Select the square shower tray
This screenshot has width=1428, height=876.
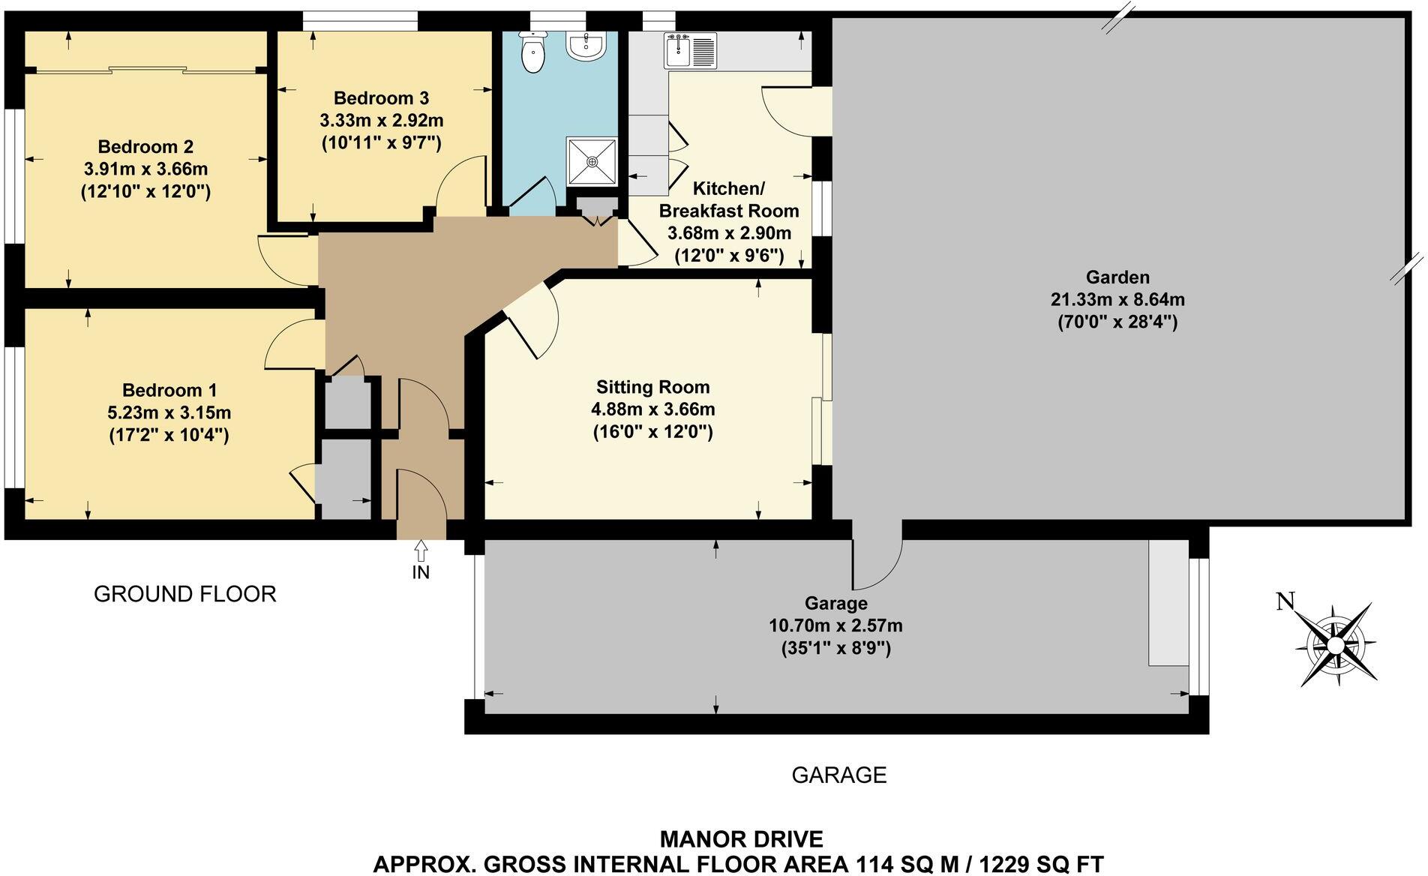tap(592, 160)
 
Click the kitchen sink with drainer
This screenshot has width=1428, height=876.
tap(690, 51)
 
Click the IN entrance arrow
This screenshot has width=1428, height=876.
tap(421, 551)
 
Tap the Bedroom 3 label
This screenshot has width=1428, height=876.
tap(381, 98)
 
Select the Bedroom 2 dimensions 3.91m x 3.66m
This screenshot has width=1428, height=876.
tap(145, 169)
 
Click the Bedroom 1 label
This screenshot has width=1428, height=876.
tap(169, 390)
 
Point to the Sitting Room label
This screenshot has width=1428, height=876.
tap(652, 387)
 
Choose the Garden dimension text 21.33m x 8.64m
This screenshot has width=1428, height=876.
tap(1117, 300)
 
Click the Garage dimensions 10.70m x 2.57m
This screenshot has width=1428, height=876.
tap(835, 625)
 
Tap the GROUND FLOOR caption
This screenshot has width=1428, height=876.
tap(185, 594)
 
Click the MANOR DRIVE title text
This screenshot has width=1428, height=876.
tap(741, 838)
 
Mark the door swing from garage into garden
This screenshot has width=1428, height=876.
tap(876, 562)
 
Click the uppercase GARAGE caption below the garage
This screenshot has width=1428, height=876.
tap(838, 775)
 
